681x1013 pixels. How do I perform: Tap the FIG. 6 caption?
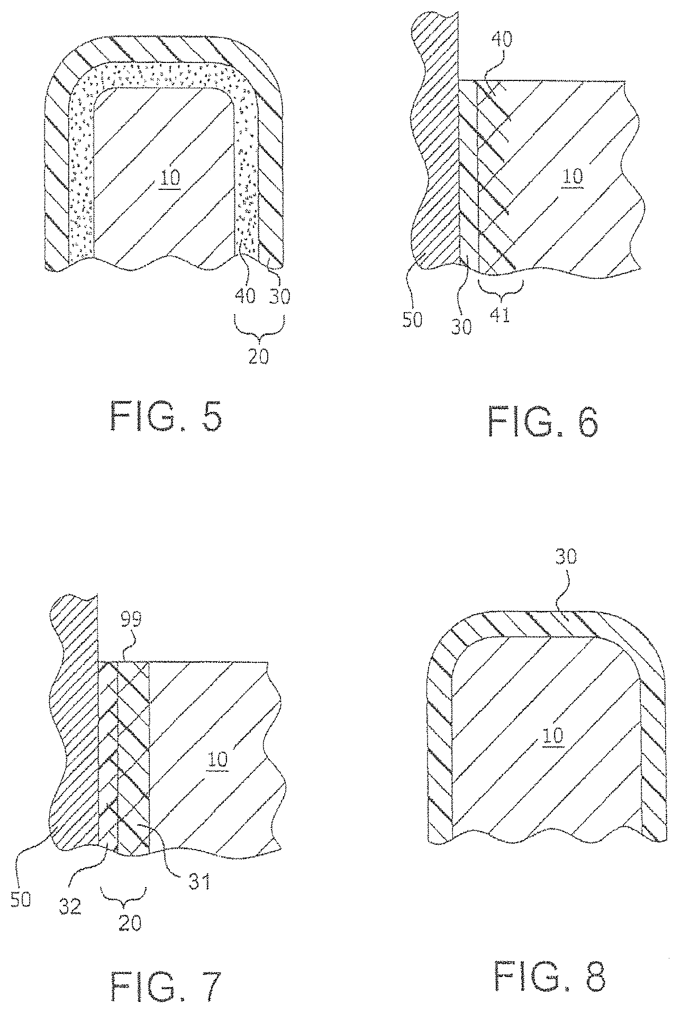click(544, 422)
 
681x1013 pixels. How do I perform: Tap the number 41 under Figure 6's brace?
click(500, 316)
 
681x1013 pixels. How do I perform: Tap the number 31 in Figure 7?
click(199, 881)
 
